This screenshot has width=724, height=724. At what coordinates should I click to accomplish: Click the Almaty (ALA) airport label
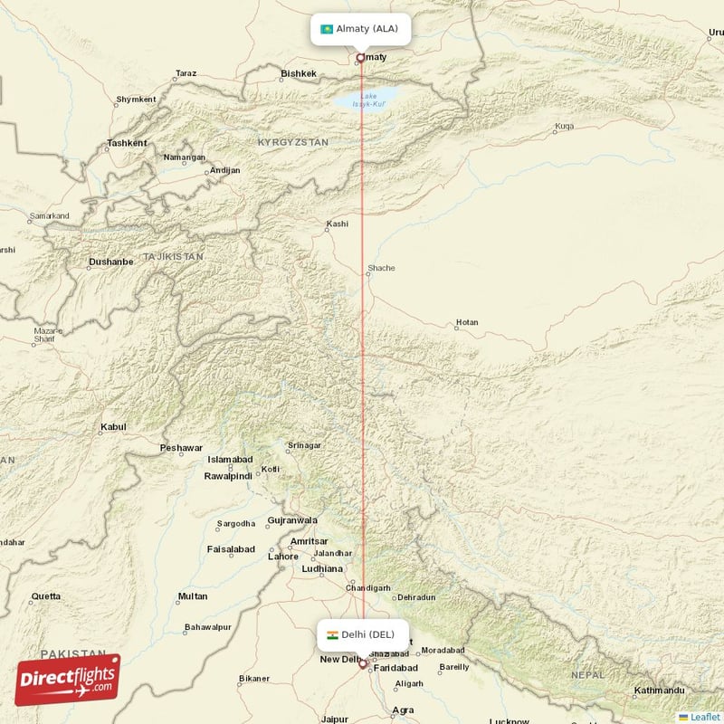coord(366,29)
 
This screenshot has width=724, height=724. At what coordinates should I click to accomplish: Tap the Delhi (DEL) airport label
coord(368,634)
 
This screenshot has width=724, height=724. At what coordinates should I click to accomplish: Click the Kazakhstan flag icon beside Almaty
coord(327,29)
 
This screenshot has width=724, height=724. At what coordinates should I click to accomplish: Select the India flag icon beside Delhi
coord(332,635)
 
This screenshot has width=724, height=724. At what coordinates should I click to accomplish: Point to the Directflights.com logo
coord(67,680)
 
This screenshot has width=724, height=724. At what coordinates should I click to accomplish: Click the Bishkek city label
coord(299,73)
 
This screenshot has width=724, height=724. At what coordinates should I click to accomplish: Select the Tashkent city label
coord(127,143)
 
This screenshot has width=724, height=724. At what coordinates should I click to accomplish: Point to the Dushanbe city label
coord(110,262)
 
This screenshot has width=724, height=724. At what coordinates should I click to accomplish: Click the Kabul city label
coord(114,426)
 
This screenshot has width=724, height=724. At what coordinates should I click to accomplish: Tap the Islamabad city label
coord(230,460)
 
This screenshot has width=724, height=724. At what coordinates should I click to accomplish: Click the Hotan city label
coord(467,322)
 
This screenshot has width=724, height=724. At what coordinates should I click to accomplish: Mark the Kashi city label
coord(337,224)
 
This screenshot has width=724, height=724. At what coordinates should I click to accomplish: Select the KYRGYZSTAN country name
coord(292,143)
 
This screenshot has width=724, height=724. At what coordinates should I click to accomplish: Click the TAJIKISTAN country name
coord(168,257)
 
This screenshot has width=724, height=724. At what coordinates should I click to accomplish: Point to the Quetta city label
coord(46,596)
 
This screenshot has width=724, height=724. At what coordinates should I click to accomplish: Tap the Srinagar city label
coord(304,445)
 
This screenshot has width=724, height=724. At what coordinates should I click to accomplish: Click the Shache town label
coord(381,268)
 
